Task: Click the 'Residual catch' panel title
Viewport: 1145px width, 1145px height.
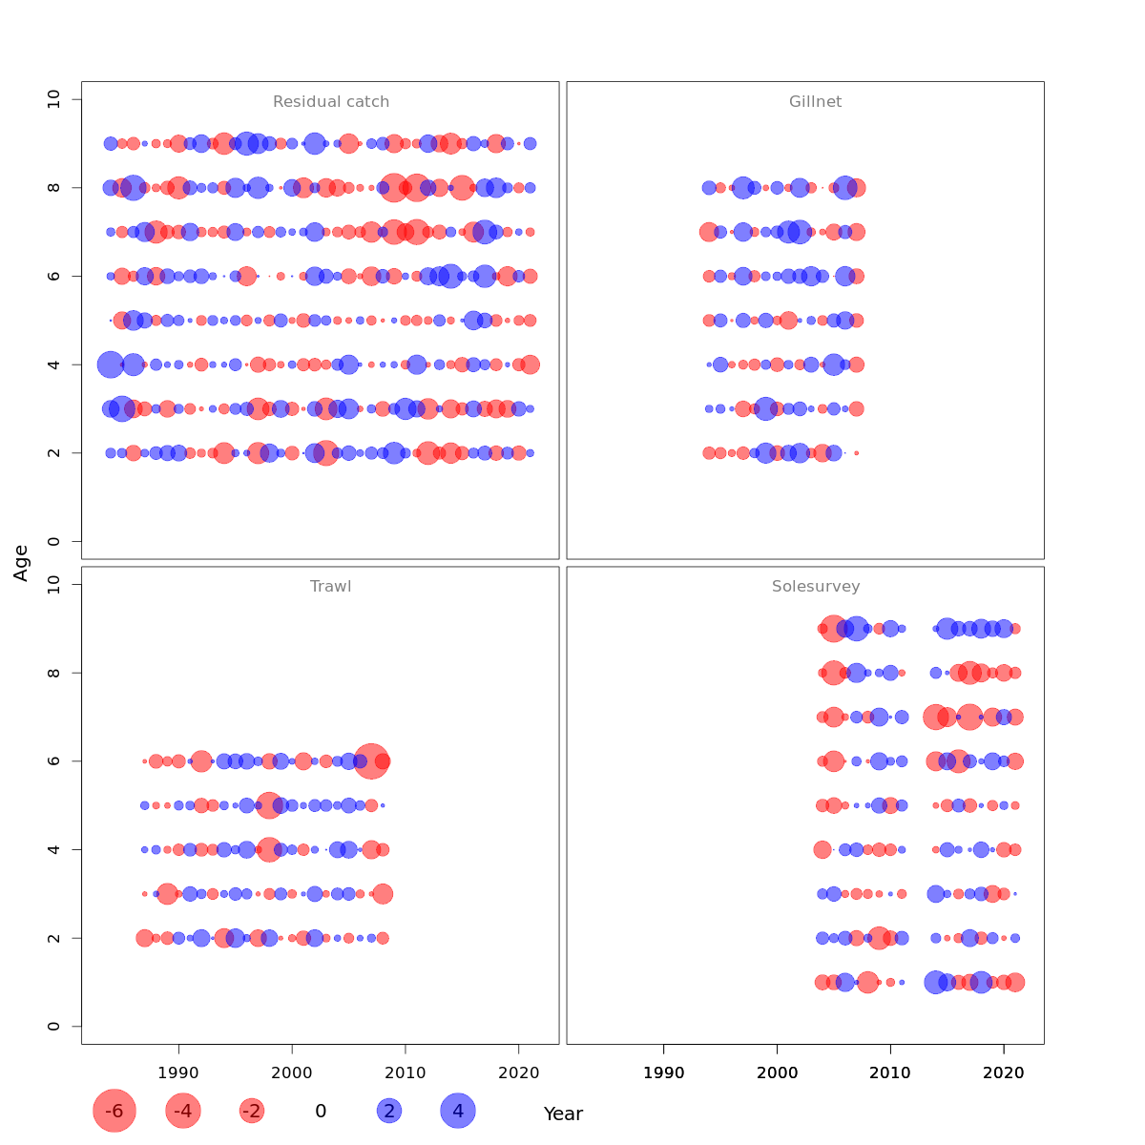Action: coord(331,102)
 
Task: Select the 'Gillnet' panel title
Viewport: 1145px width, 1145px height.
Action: coord(815,102)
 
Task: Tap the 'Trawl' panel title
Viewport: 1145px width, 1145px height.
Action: coord(330,587)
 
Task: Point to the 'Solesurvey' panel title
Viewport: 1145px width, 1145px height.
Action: coord(816,587)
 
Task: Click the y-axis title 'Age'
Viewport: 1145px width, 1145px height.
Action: coord(21,562)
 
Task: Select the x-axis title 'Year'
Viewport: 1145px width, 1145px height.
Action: coord(563,1114)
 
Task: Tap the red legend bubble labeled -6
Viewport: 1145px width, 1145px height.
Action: coord(114,1111)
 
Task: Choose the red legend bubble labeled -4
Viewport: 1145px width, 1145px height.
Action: coord(183,1111)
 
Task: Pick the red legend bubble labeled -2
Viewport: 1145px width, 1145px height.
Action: coord(252,1111)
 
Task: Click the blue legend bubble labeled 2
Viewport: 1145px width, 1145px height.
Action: coord(388,1111)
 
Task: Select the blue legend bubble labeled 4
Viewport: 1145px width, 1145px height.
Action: coord(458,1111)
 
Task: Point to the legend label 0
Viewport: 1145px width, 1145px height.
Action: coord(321,1111)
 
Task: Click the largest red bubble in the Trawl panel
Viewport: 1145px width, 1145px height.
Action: coord(371,761)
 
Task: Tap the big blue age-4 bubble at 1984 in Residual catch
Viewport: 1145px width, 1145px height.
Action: coord(111,364)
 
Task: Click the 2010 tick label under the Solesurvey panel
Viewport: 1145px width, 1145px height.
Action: coord(890,1072)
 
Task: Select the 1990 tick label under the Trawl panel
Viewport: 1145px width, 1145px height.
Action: coord(178,1072)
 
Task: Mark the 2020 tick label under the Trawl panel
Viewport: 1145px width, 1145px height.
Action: coord(518,1072)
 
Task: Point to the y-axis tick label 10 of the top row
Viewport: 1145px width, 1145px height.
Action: coord(52,99)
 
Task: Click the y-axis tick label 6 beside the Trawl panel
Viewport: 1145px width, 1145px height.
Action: coord(52,761)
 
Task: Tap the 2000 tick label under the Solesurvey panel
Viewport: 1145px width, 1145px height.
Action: coord(777,1072)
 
